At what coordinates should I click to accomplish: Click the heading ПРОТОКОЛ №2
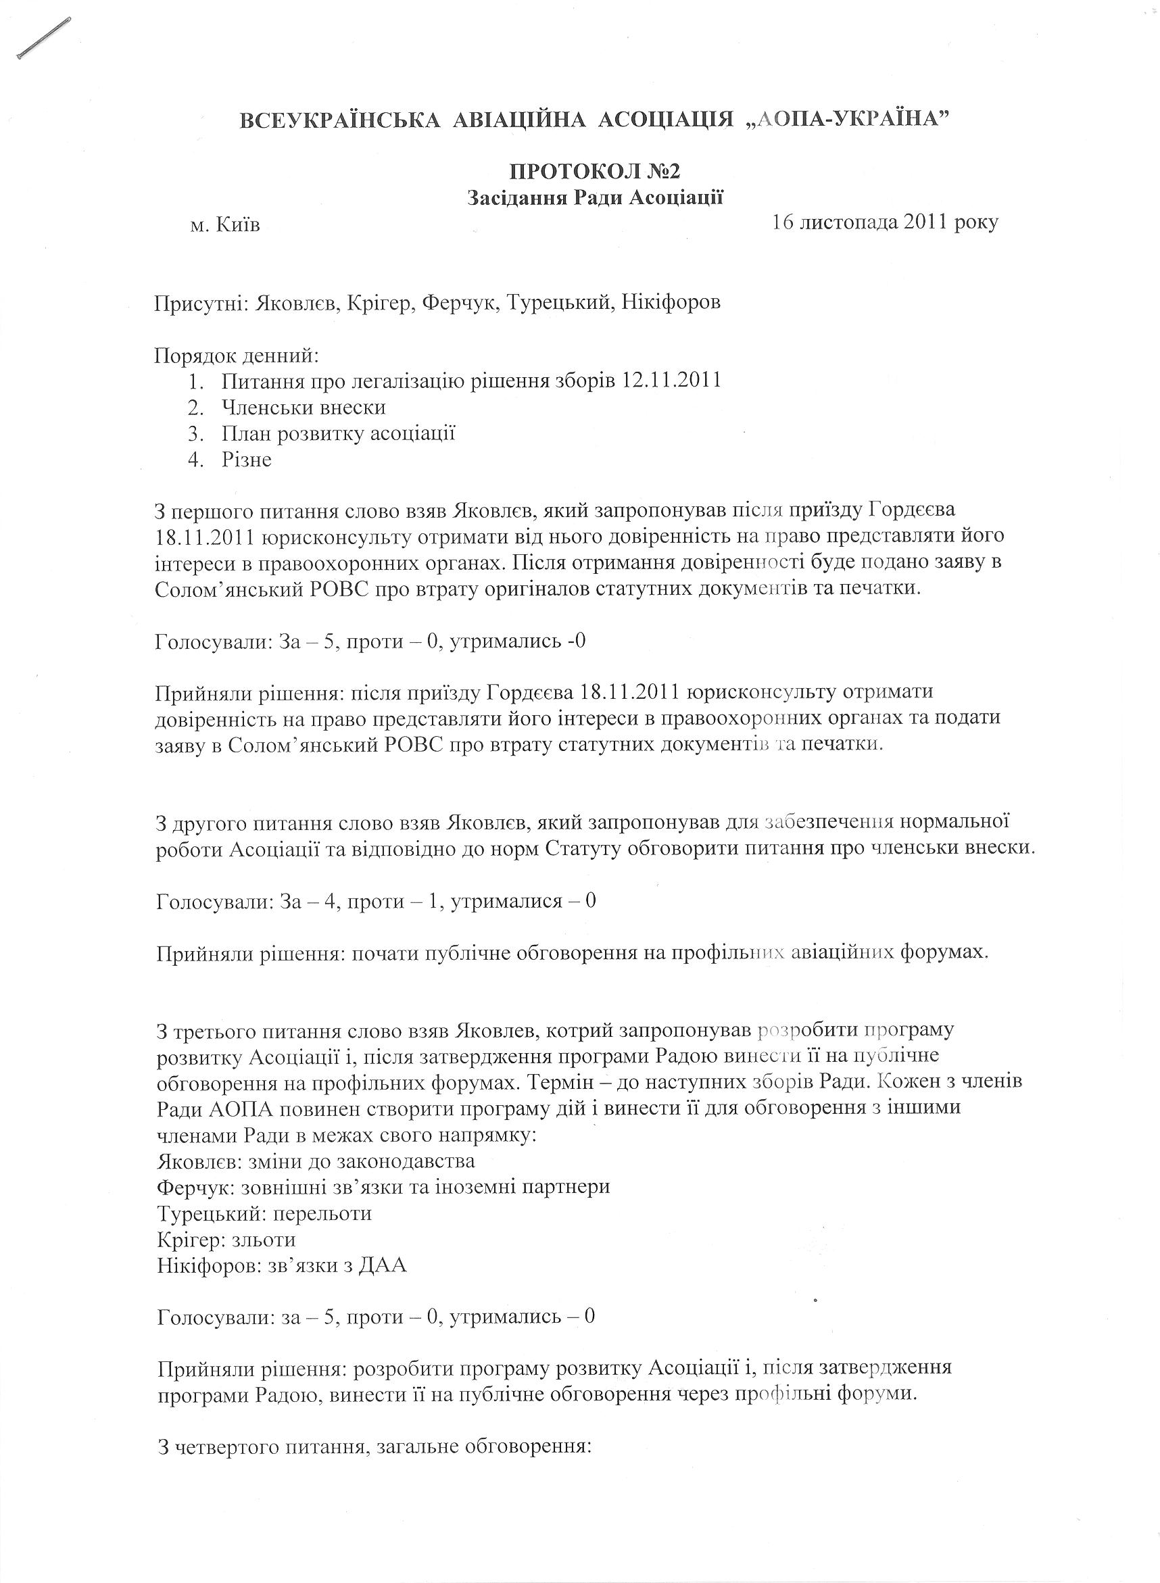(595, 171)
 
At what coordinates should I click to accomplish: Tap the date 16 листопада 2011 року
(884, 222)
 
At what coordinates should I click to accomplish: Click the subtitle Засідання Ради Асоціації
(596, 198)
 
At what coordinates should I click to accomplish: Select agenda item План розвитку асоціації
(339, 434)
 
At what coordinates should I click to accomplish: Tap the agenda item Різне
(247, 460)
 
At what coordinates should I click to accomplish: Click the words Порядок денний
(237, 356)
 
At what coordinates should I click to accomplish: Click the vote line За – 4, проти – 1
(376, 900)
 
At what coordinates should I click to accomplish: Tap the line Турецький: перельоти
(264, 1213)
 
